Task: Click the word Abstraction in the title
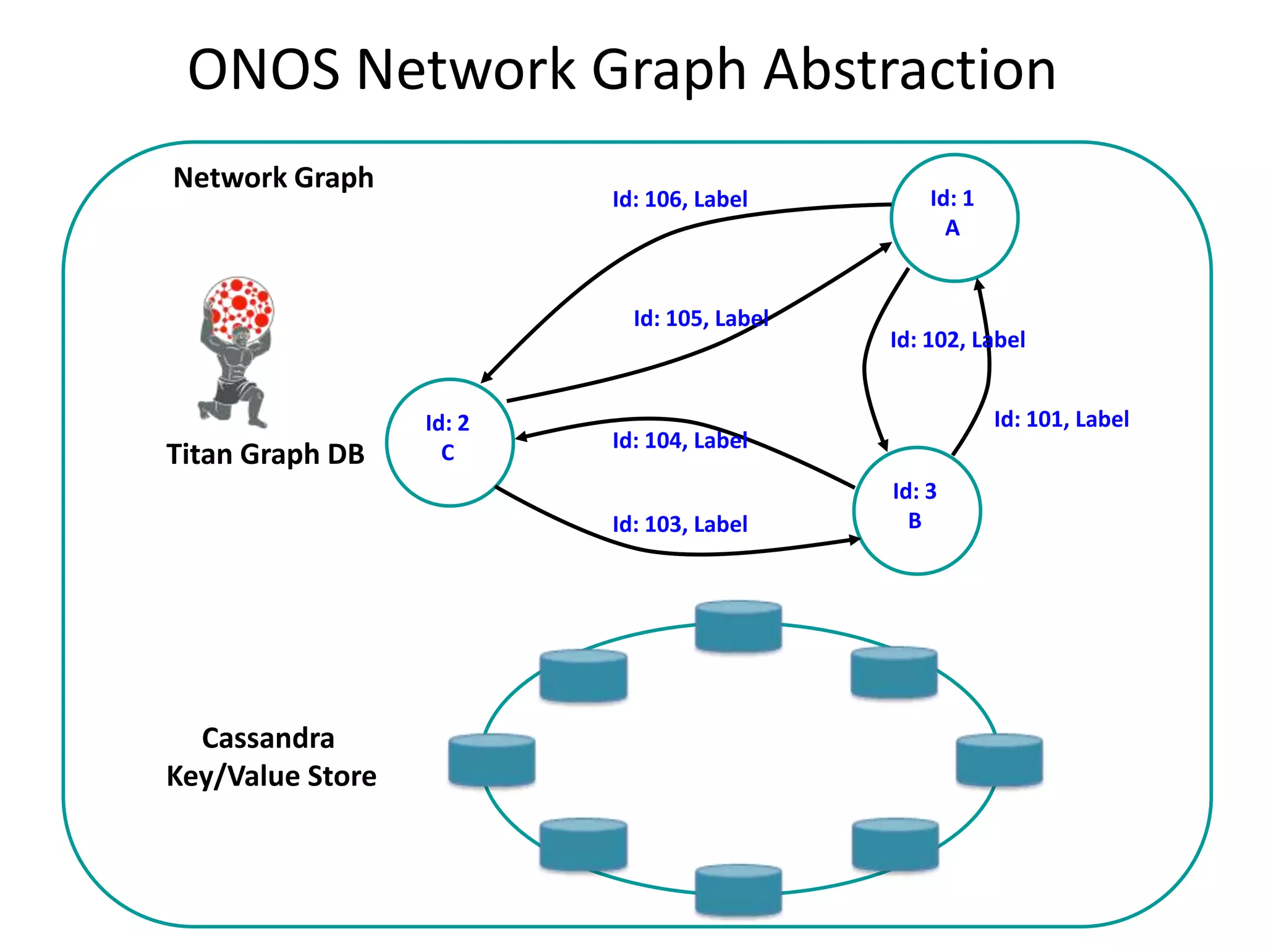909,70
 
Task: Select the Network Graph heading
273,178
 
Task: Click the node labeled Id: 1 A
954,218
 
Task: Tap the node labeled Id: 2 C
449,442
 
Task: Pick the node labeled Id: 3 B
917,510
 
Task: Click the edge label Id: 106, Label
679,199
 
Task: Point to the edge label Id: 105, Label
700,319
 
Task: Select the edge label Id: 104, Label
679,440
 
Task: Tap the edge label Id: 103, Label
679,524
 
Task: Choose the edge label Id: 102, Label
957,340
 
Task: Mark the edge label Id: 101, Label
1061,419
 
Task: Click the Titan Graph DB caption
265,455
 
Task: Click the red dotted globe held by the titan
239,304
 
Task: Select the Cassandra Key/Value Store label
271,757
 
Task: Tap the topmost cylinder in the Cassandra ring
738,626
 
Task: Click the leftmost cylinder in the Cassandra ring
491,760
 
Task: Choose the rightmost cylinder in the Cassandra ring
999,760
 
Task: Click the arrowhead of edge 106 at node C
486,377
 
